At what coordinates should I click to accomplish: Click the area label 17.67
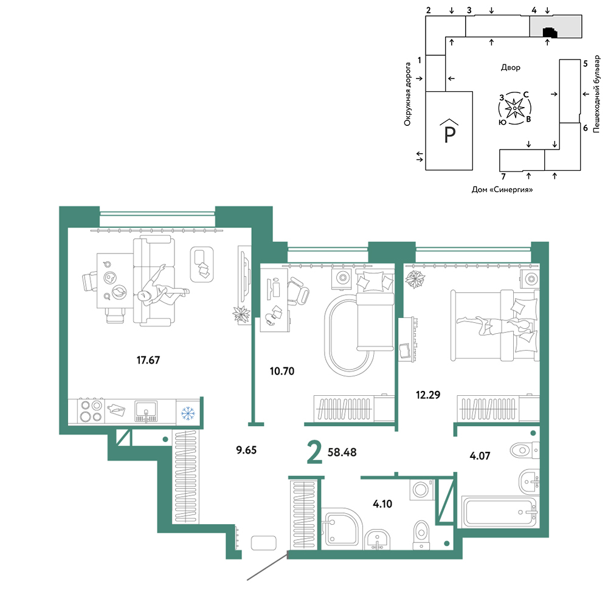click(x=148, y=360)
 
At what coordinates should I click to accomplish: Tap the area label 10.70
click(x=282, y=371)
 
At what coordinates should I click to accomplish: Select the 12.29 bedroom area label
click(x=428, y=395)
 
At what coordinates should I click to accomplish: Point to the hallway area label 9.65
click(x=246, y=450)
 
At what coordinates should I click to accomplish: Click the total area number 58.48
click(x=342, y=452)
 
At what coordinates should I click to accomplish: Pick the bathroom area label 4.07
click(x=480, y=456)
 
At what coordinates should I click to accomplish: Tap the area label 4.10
click(x=382, y=504)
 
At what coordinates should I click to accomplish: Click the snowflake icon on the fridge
click(x=188, y=413)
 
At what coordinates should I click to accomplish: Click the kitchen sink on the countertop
click(x=146, y=411)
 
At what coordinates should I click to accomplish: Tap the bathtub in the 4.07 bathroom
click(x=500, y=512)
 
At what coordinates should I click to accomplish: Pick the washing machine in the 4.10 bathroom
click(x=422, y=489)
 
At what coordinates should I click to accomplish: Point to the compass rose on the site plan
click(x=514, y=109)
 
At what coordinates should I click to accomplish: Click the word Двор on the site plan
click(x=510, y=67)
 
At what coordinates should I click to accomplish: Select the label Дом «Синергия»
click(x=502, y=190)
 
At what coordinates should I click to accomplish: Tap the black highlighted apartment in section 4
click(x=550, y=33)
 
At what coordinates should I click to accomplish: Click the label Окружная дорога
click(x=407, y=94)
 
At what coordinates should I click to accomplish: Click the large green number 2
click(x=314, y=452)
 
